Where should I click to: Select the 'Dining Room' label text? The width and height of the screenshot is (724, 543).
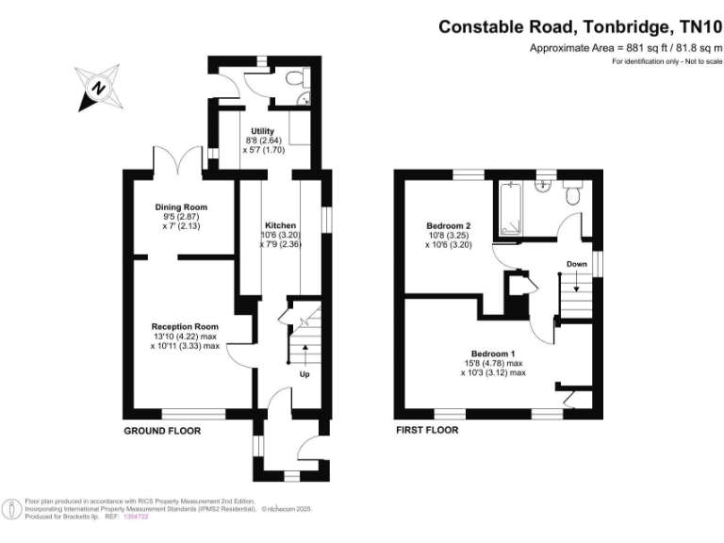[181, 207]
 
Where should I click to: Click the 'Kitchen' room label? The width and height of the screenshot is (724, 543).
[280, 226]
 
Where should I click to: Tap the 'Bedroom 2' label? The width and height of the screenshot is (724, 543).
[449, 226]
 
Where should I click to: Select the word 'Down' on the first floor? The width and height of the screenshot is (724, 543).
[577, 264]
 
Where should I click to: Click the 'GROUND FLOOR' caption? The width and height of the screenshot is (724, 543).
[162, 431]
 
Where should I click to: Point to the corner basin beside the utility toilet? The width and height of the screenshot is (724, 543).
[304, 97]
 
